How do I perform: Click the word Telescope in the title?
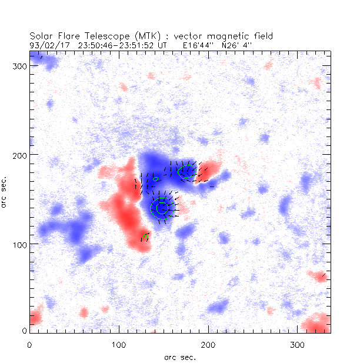[x=101, y=36]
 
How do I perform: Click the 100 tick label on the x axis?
[x=119, y=344]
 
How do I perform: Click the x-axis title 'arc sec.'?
[x=180, y=357]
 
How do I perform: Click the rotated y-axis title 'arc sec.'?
[x=5, y=191]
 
